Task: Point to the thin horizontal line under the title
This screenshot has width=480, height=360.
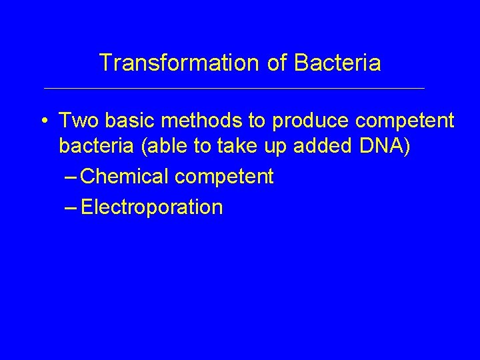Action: pyautogui.click(x=233, y=88)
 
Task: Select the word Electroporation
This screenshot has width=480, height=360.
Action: pyautogui.click(x=151, y=207)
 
